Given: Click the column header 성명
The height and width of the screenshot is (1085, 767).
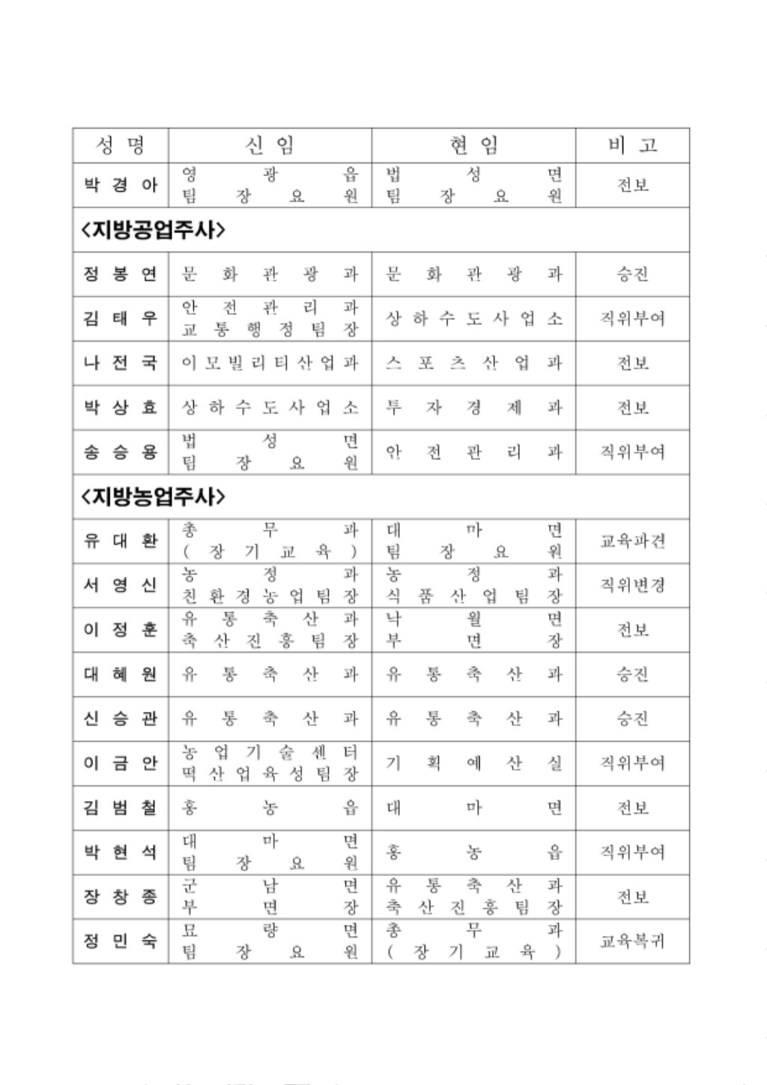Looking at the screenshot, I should (121, 145).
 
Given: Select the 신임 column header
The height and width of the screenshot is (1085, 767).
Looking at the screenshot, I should (270, 145).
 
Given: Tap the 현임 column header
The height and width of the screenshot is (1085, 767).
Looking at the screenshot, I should (473, 145).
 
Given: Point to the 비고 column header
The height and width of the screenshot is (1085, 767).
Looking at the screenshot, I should (632, 145).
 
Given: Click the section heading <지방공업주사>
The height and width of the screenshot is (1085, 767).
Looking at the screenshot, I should (153, 230).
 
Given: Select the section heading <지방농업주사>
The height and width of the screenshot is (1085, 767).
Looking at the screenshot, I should (153, 496).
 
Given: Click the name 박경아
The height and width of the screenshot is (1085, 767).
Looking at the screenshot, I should (121, 185).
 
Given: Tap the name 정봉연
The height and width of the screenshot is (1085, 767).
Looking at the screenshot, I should (121, 273).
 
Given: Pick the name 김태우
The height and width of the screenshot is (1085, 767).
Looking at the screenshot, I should (121, 318).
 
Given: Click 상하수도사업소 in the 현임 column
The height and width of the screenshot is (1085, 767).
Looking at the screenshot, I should (473, 318).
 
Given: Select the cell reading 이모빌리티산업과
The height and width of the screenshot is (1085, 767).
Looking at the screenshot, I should (270, 363).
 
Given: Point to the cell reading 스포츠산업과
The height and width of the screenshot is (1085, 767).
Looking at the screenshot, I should (473, 363).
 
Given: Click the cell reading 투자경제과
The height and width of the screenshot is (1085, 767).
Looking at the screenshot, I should (473, 408).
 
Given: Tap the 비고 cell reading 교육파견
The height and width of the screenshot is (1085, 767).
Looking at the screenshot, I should (632, 541).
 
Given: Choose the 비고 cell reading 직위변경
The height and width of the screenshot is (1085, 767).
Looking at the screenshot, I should (632, 584).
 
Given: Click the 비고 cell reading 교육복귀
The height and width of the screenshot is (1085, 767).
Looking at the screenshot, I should (632, 941).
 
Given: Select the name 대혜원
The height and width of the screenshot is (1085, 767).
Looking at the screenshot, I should (121, 674).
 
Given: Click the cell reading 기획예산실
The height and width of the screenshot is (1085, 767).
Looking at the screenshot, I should (473, 763).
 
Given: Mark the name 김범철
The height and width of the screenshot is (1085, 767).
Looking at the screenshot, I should (121, 808).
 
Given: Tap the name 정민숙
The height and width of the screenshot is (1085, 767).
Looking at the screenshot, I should (121, 941).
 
